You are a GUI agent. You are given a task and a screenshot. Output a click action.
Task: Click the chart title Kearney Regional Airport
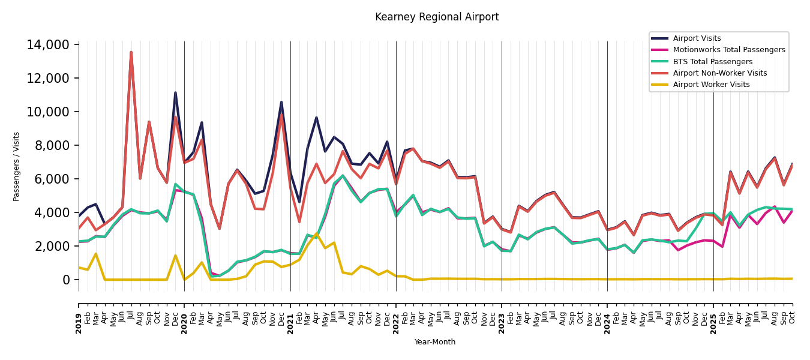[437, 17]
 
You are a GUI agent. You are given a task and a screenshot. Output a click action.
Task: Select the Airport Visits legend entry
[697, 38]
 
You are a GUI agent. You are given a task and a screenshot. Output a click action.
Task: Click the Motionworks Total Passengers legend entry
[728, 50]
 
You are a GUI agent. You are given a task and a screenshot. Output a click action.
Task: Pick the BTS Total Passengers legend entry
[712, 62]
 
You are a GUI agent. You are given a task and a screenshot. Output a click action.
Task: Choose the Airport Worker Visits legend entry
[711, 85]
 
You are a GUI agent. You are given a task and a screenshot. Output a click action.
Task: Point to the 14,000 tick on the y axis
[49, 45]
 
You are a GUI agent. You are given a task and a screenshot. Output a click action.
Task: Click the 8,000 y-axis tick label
[52, 146]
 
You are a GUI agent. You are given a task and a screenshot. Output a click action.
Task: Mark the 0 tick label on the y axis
[66, 280]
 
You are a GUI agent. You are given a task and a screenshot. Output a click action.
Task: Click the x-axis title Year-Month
[435, 342]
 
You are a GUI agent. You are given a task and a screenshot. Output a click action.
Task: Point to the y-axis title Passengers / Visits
[17, 166]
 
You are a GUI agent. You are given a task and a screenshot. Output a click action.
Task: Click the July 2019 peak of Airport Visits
[131, 52]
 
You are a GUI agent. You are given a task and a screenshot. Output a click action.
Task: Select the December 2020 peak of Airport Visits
[281, 102]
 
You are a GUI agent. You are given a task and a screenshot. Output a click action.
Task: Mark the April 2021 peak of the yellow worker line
[317, 233]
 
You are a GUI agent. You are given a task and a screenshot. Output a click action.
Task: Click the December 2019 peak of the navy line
[175, 92]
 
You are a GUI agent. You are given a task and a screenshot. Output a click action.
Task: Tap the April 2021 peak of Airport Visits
[316, 118]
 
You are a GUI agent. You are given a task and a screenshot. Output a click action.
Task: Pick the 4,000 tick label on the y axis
[52, 213]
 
